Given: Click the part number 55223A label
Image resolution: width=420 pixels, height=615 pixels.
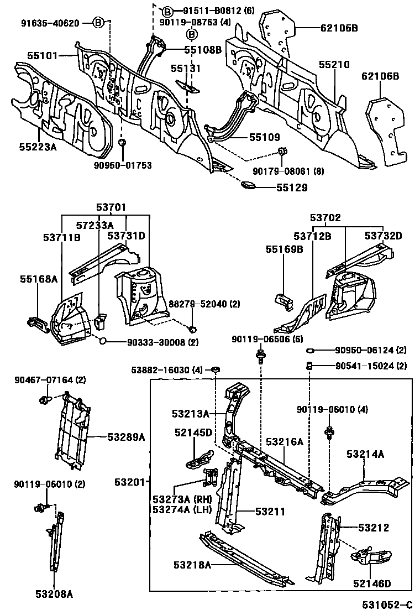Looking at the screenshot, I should [x=38, y=146].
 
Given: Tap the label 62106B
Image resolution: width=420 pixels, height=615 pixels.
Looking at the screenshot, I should [x=380, y=76].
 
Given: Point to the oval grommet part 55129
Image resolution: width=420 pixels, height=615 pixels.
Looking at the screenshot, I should [x=248, y=186].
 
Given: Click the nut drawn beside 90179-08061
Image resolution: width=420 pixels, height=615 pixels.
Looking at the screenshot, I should [x=282, y=151].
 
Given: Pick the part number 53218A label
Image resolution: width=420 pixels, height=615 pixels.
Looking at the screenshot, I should [x=192, y=564].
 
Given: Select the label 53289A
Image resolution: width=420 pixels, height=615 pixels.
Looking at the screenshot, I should [x=126, y=437].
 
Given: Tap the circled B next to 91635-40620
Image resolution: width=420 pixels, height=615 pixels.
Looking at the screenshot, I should [x=98, y=23].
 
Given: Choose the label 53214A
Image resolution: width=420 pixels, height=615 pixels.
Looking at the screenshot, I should [x=365, y=454].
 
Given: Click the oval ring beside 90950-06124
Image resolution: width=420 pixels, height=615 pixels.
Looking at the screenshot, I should [x=311, y=350].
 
